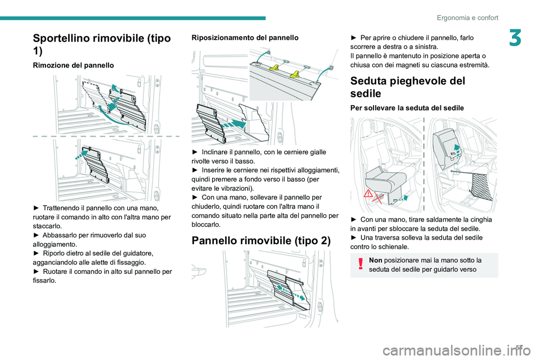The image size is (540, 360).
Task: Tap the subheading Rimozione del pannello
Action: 73,65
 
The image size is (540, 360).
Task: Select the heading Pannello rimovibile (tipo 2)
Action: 261,241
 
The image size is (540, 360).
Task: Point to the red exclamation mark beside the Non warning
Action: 360,265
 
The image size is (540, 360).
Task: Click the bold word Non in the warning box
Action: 377,260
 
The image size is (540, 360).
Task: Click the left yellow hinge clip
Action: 275,68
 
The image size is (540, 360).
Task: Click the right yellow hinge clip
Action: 294,74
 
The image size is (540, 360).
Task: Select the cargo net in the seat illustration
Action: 482,181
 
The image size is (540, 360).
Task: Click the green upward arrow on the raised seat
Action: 457,147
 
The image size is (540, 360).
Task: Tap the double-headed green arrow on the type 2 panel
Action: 292,291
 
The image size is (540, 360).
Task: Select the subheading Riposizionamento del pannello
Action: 245,37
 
